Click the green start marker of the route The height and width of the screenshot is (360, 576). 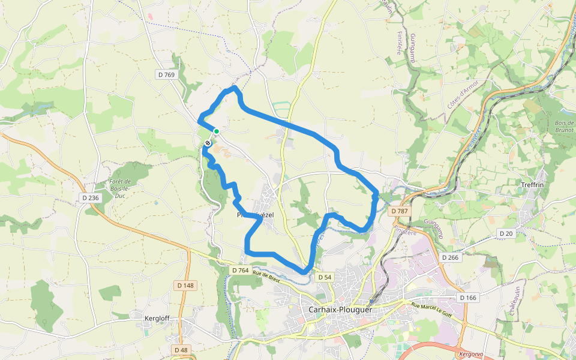[217, 131]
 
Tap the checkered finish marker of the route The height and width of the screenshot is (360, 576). [208, 143]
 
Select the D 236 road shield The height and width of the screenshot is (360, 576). [91, 197]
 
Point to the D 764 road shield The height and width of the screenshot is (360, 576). [240, 271]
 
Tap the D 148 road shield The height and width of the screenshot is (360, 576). [185, 286]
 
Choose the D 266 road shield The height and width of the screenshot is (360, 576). [450, 257]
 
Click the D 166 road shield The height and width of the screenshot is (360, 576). [468, 298]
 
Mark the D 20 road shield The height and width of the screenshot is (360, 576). [506, 233]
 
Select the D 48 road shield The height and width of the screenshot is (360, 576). [180, 350]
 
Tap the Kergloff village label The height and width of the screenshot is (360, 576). [158, 317]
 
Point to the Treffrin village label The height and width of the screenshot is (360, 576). [532, 185]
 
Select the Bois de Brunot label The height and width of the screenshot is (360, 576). [565, 126]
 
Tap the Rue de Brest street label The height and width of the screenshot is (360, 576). [266, 277]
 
